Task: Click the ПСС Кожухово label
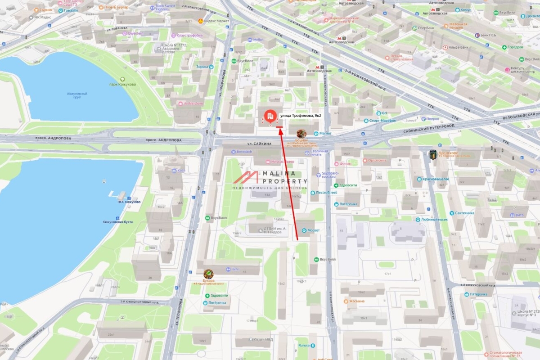pyautogui.click(x=129, y=202)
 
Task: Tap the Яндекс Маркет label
pyautogui.click(x=216, y=21)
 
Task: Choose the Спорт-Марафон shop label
pyautogui.click(x=382, y=121)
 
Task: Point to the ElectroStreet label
pyautogui.click(x=326, y=193)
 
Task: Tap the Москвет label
pyautogui.click(x=313, y=230)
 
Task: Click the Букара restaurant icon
pyautogui.click(x=208, y=274)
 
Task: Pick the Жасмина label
pyautogui.click(x=356, y=301)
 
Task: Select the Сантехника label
pyautogui.click(x=464, y=213)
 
